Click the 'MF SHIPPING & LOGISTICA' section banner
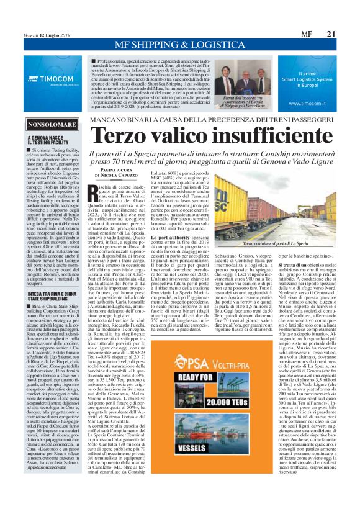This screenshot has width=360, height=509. coord(179,45)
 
